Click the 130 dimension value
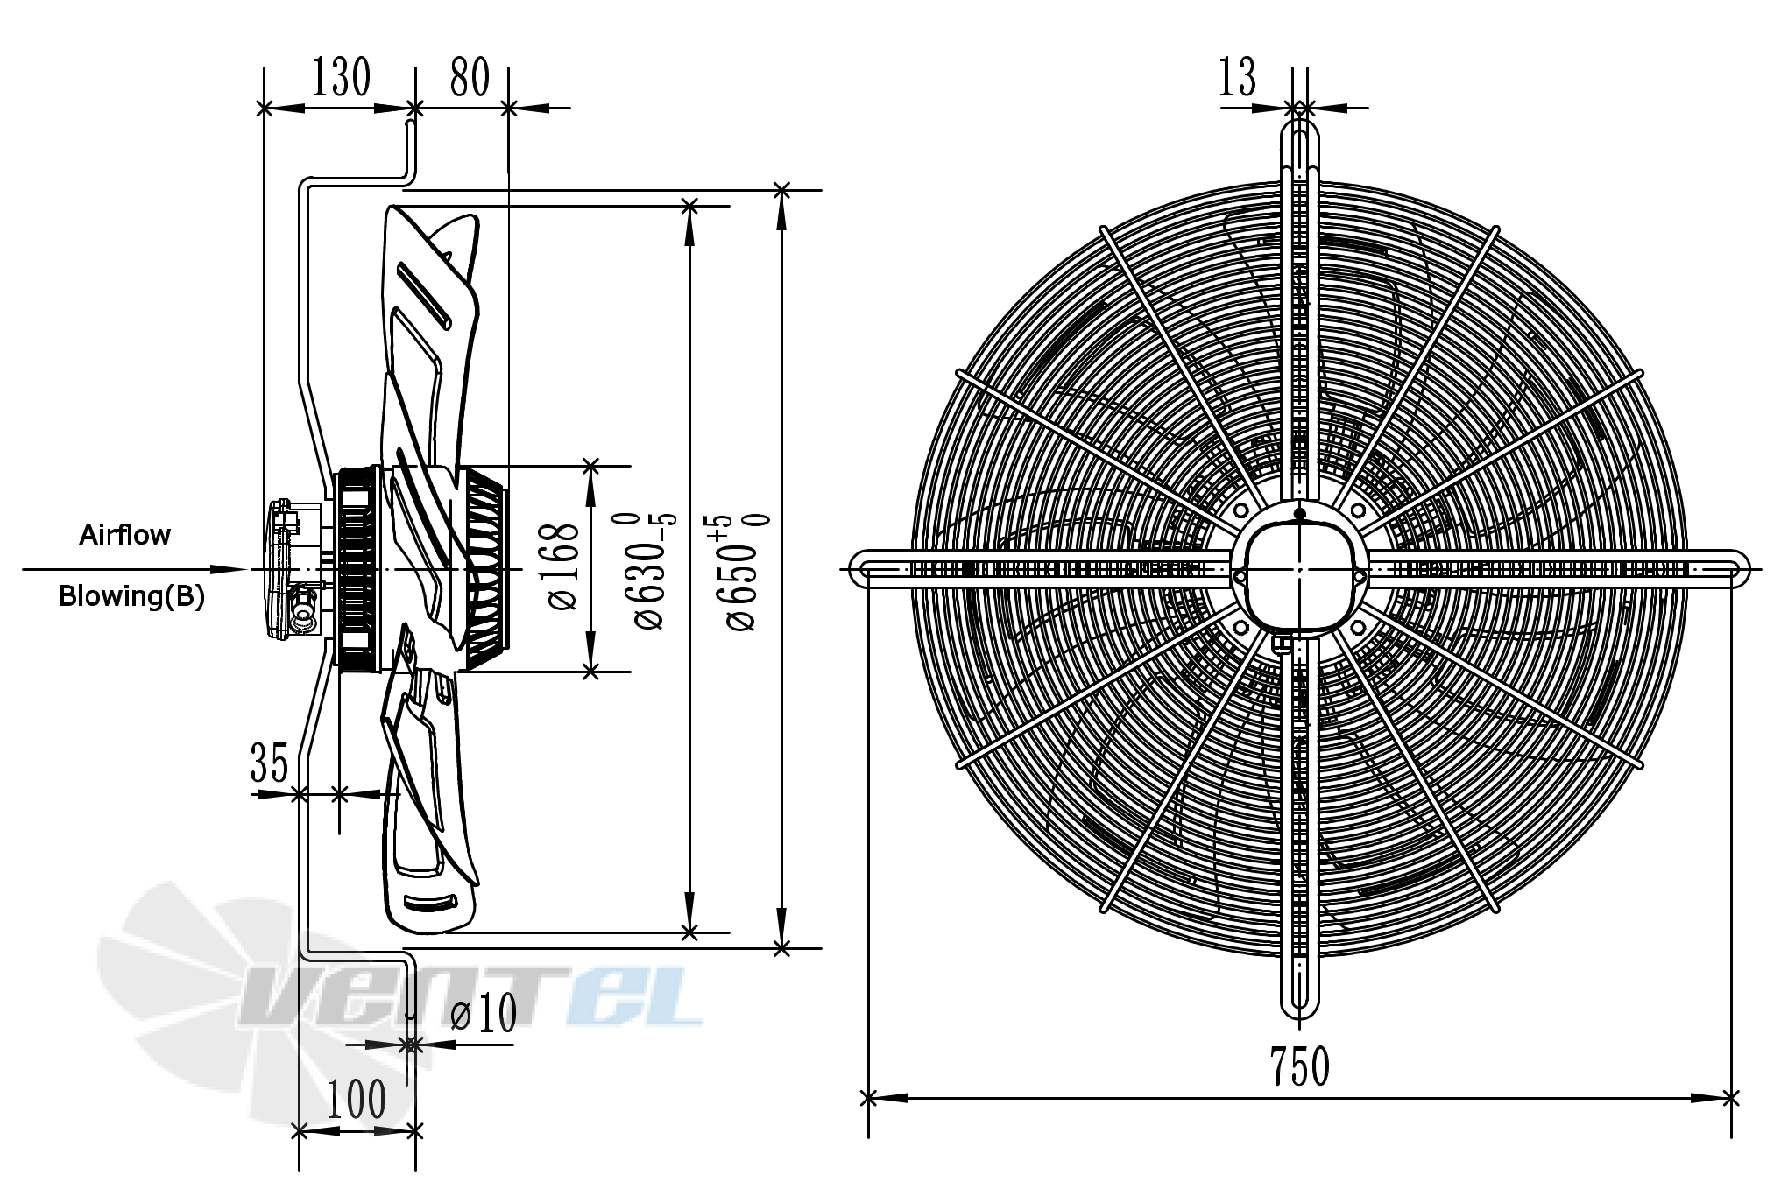(341, 77)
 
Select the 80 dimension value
(470, 77)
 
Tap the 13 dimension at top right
(1237, 77)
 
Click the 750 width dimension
(1300, 1066)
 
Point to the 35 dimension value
(269, 762)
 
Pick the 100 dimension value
(357, 1100)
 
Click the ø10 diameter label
(483, 1014)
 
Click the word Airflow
(124, 535)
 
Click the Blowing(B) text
(131, 596)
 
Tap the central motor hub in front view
(1299, 570)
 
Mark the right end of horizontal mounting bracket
(1740, 568)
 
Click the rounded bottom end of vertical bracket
(1300, 1012)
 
